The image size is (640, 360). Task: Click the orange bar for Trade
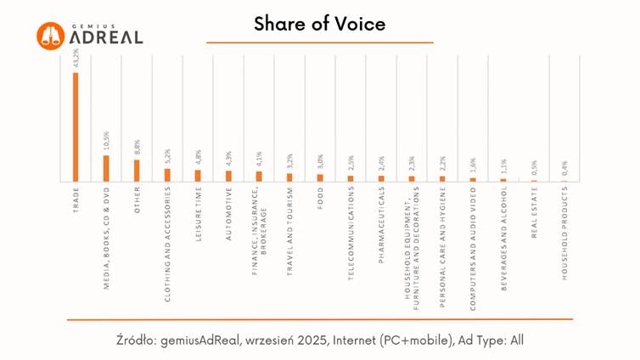point(76,127)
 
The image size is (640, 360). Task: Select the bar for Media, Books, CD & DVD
point(106,169)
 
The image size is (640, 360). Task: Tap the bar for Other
point(137,171)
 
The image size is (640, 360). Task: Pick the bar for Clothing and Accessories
point(167,176)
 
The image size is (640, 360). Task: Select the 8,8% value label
point(137,147)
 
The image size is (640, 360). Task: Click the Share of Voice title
point(319,24)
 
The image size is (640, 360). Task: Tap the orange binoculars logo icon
point(51,35)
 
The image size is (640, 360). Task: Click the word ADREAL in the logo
point(107,37)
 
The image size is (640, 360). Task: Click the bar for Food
point(320,178)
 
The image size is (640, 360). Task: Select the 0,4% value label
point(564,169)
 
